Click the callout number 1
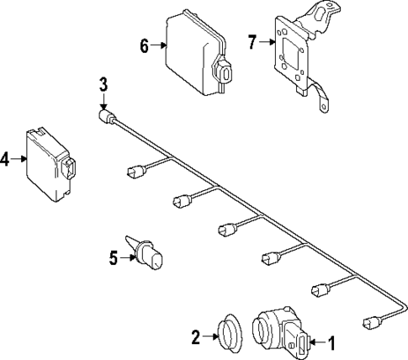click(331, 343)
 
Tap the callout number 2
click(196, 337)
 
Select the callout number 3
click(103, 85)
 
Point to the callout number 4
click(4, 159)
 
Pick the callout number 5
click(114, 257)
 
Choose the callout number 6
click(144, 45)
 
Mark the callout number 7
click(252, 42)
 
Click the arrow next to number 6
click(158, 45)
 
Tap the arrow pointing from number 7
click(267, 42)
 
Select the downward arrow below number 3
click(103, 102)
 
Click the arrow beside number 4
click(19, 159)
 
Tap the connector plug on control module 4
click(69, 169)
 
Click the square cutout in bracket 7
click(290, 53)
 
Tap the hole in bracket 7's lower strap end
click(323, 107)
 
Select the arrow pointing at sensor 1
click(318, 342)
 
